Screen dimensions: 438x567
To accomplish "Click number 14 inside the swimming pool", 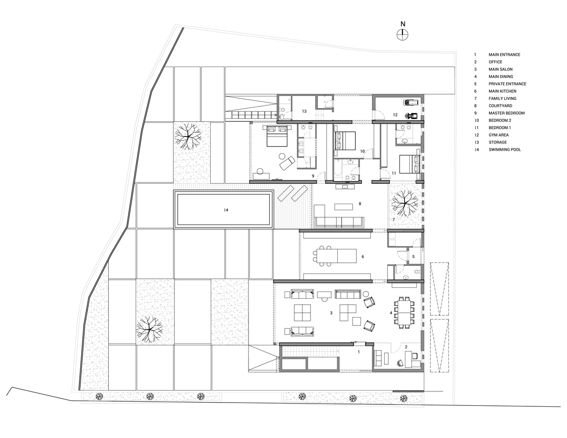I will click(226, 210).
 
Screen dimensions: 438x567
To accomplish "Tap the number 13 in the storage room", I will click(305, 112).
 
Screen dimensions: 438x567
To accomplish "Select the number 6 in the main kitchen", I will click(363, 257).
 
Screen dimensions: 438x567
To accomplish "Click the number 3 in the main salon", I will click(332, 313).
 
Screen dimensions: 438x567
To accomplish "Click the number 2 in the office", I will click(406, 347).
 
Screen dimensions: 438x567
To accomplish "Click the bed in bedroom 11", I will click(408, 164).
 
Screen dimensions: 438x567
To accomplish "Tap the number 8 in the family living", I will click(360, 204).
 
